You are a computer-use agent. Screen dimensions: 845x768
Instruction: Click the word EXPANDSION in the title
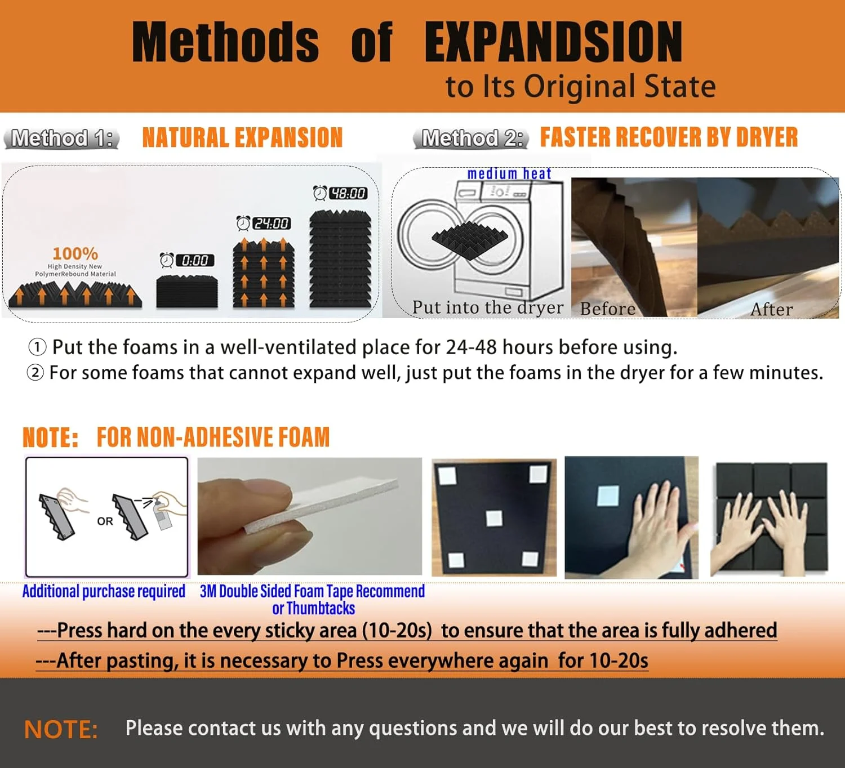coord(553,42)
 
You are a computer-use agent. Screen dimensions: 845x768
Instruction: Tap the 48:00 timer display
coord(348,193)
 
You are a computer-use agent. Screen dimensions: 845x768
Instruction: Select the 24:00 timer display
coord(272,223)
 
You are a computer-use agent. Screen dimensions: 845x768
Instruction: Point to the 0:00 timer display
coord(195,260)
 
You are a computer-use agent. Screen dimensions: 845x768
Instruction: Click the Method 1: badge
coord(61,138)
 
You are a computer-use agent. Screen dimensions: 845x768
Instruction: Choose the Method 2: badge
coord(471,138)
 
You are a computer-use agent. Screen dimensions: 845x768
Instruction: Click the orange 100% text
coord(75,253)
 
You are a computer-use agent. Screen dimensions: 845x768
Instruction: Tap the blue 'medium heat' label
coord(509,173)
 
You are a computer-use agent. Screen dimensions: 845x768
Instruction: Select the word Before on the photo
coord(607,309)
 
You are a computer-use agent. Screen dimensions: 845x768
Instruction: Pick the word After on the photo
coord(771,310)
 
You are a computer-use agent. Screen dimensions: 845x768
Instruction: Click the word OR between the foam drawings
coord(105,521)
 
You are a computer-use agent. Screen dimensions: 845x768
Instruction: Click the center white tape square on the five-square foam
coord(494,519)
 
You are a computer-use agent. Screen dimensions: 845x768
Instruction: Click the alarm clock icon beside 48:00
coord(320,193)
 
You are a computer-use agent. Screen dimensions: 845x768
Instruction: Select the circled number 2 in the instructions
coord(35,373)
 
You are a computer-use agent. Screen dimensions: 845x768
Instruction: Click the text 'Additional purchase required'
coord(104,591)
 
